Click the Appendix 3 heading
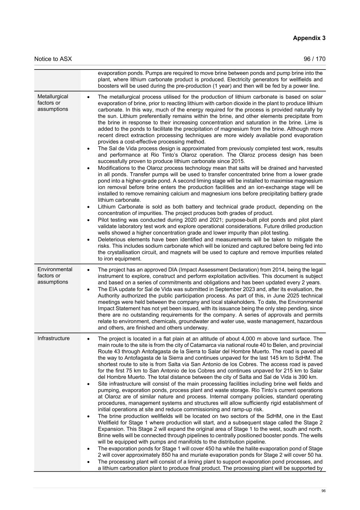(x=309, y=38)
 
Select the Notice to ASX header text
(x=53, y=59)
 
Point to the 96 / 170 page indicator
(x=314, y=59)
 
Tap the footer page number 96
(x=323, y=491)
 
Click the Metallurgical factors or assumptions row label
(x=53, y=103)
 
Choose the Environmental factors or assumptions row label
(x=55, y=275)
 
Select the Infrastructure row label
(x=53, y=338)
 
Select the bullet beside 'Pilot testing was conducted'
(x=88, y=220)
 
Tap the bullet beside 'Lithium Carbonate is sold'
(x=88, y=207)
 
